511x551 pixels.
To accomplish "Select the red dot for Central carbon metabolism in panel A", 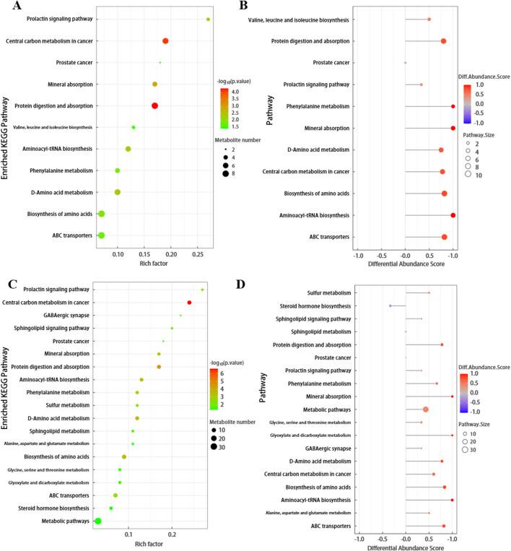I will (165, 41).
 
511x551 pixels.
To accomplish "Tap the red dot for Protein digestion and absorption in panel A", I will (154, 106).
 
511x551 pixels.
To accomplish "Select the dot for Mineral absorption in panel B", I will (453, 128).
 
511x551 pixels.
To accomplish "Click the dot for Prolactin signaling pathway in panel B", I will (422, 84).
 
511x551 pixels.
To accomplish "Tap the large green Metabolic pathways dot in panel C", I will (98, 521).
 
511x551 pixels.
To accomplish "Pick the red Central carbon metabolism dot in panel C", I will (189, 303).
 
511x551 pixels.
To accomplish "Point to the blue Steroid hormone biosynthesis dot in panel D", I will (390, 305).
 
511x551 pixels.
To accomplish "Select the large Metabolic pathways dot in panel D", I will (426, 409).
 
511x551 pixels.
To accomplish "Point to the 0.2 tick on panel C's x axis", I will (171, 533).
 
